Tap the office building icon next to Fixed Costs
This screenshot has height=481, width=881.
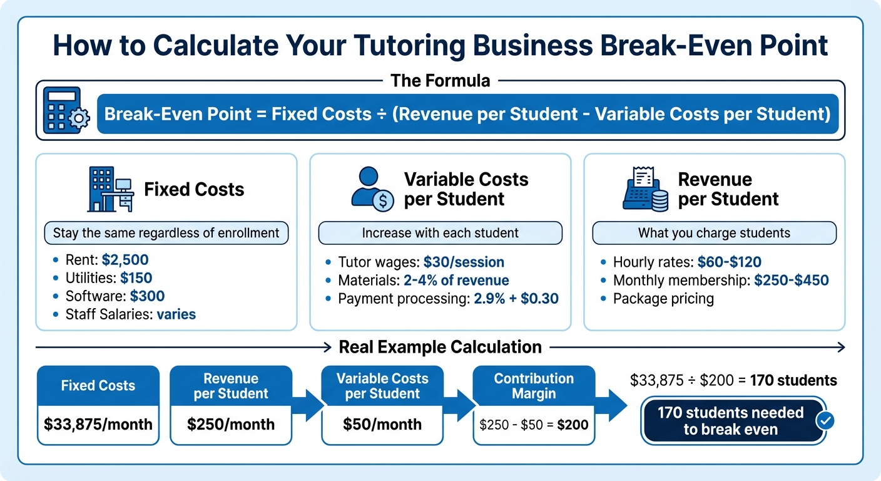[x=110, y=189]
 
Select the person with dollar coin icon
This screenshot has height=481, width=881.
[x=372, y=189]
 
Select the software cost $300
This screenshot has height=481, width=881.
[x=143, y=296]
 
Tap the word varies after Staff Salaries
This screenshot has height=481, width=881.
[x=176, y=314]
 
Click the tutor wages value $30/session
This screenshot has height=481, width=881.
[x=464, y=262]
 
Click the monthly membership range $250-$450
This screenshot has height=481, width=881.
[x=791, y=281]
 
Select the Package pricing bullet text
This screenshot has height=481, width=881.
[x=663, y=299]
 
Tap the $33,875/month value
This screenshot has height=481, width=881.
[x=98, y=424]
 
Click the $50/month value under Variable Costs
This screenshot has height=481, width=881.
[x=382, y=424]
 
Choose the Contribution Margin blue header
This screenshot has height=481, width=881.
[x=534, y=386]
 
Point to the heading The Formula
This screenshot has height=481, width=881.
[x=440, y=80]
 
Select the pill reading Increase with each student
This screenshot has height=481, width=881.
[x=440, y=234]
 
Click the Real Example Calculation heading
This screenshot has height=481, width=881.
[x=440, y=347]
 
